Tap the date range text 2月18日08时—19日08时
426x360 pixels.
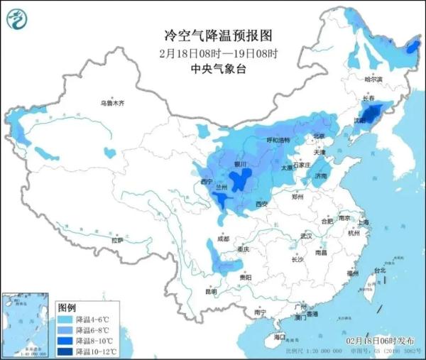[x=213, y=53]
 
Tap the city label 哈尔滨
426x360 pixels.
[x=373, y=80]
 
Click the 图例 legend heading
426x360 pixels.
[x=67, y=307]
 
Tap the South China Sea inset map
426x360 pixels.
[x=26, y=324]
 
